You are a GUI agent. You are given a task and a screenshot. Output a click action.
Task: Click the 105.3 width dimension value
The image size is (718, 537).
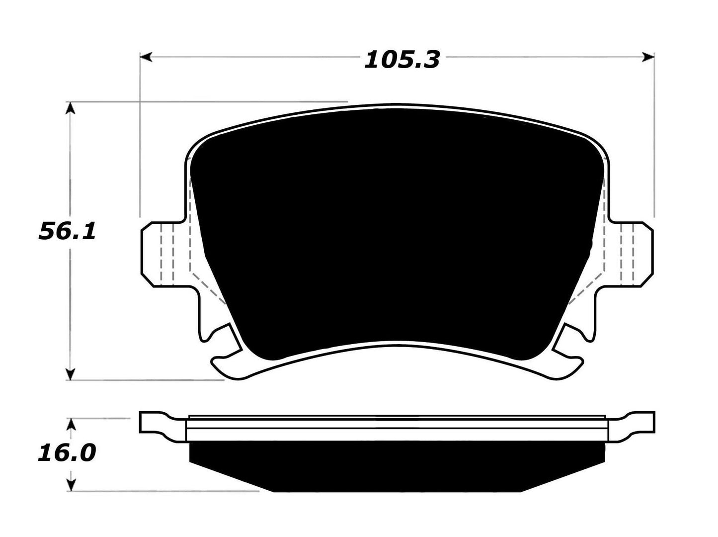(x=402, y=60)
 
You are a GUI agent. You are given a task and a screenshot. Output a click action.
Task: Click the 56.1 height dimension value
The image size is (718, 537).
(x=67, y=232)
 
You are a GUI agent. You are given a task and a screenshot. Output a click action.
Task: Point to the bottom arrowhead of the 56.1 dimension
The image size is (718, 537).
(x=72, y=374)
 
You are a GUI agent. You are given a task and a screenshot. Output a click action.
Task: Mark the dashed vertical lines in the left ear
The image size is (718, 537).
(x=166, y=254)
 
